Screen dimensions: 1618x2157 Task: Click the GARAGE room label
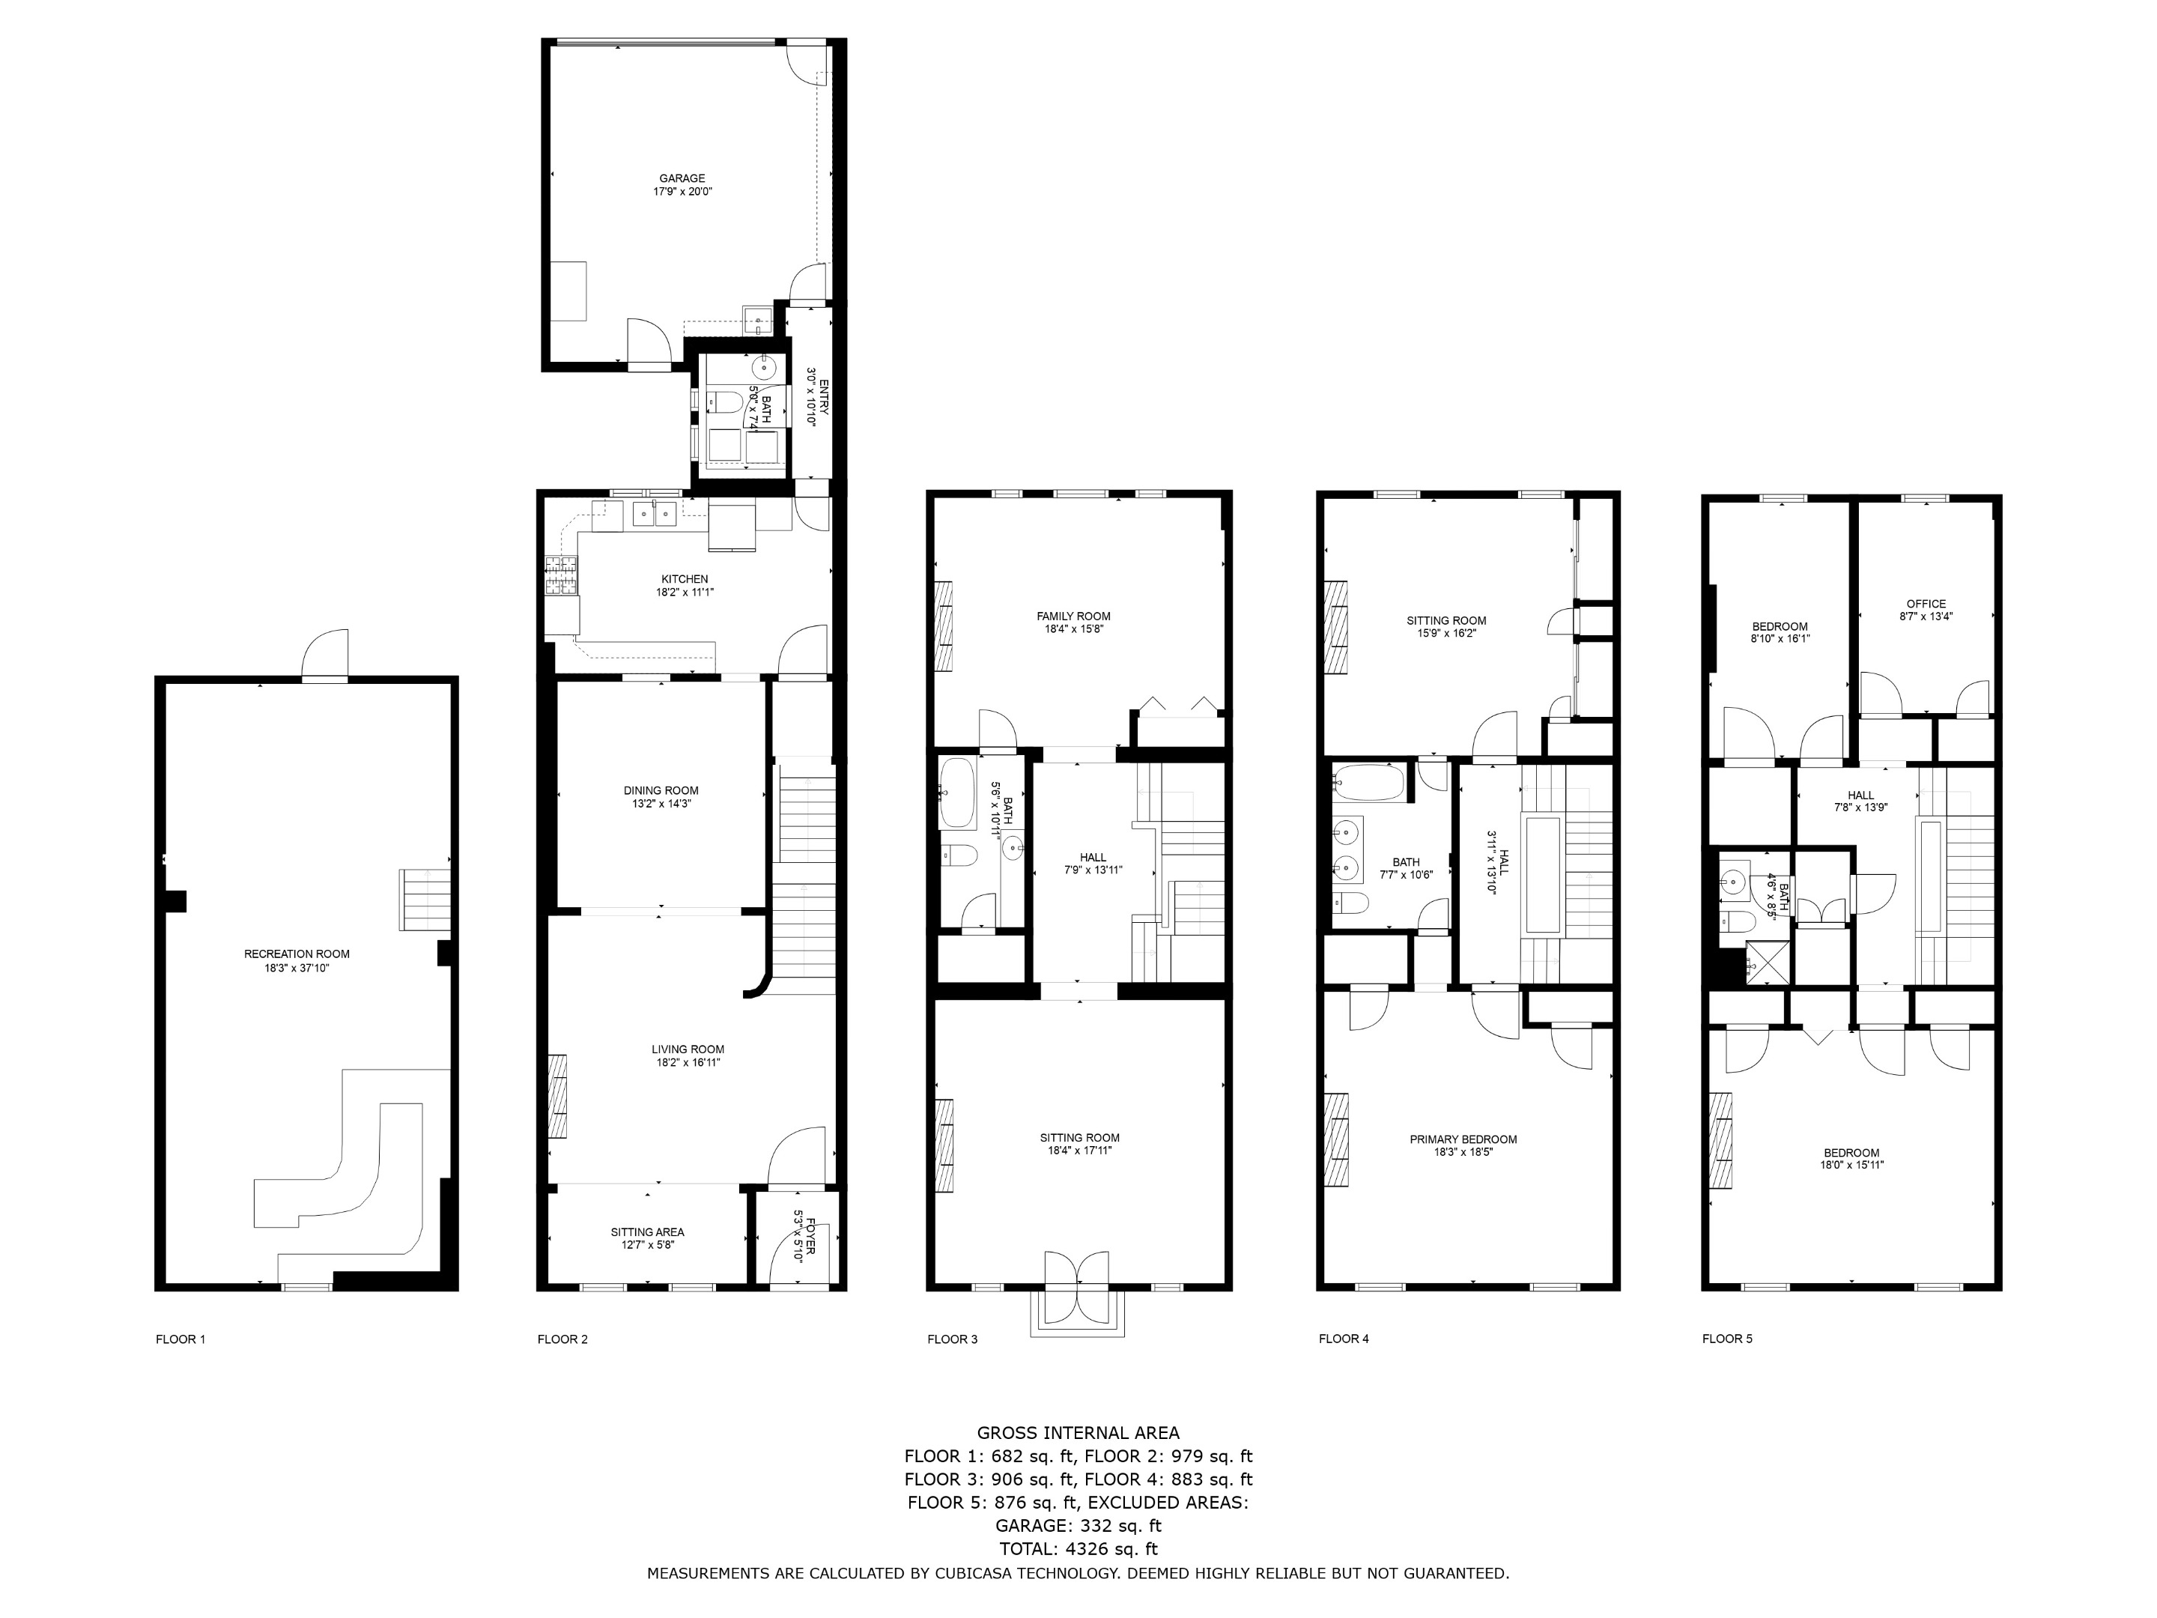pyautogui.click(x=682, y=178)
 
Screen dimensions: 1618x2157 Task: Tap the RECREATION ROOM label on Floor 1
pyautogui.click(x=297, y=954)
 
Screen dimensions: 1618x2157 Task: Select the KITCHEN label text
pyautogui.click(x=685, y=579)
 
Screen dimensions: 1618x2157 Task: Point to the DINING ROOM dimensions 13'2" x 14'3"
pyautogui.click(x=661, y=804)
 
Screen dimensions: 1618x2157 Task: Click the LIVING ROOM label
pyautogui.click(x=688, y=1049)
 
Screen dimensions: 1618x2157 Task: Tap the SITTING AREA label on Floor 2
pyautogui.click(x=648, y=1231)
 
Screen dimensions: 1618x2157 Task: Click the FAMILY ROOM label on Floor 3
pyautogui.click(x=1073, y=616)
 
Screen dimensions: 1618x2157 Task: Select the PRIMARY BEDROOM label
pyautogui.click(x=1463, y=1139)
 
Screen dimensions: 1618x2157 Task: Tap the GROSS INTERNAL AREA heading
pyautogui.click(x=1078, y=1433)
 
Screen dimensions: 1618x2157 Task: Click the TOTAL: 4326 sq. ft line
pyautogui.click(x=1078, y=1549)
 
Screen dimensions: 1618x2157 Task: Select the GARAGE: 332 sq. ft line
pyautogui.click(x=1078, y=1525)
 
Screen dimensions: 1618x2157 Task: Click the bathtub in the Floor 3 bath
pyautogui.click(x=956, y=793)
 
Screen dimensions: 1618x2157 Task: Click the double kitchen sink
pyautogui.click(x=655, y=513)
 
